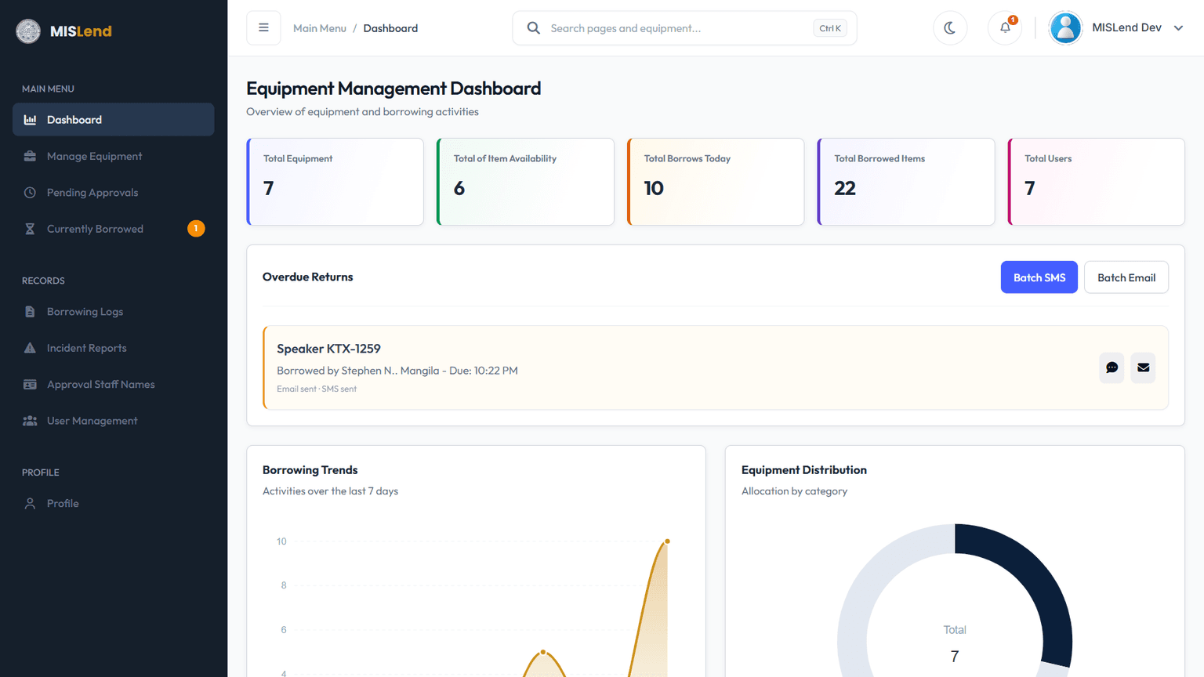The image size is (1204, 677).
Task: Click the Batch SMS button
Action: point(1039,277)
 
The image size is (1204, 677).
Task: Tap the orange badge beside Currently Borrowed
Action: point(196,228)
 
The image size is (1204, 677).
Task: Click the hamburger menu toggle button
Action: point(263,28)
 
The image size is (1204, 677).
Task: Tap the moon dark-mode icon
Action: point(950,28)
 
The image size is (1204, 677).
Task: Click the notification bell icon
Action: point(1005,28)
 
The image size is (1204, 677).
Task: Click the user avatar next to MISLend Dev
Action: point(1065,28)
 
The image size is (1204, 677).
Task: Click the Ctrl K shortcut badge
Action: point(830,28)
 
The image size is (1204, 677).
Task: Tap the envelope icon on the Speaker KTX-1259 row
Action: point(1144,367)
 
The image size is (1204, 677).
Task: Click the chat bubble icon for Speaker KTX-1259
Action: point(1112,367)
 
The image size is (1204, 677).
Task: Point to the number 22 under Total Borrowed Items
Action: point(845,188)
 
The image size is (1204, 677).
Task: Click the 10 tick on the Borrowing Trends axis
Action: point(281,541)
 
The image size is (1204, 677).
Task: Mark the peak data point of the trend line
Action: point(667,541)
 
